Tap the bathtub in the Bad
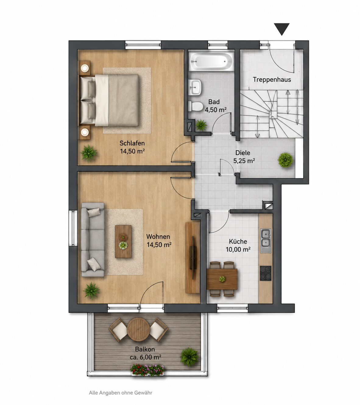coord(211,61)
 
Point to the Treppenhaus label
coord(272,79)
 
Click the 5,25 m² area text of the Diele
coord(244,161)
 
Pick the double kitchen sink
coord(266,241)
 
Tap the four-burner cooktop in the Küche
coord(266,273)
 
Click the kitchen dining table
coord(222,279)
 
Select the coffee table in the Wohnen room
coord(123,241)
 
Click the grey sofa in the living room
coord(93,240)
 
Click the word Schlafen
coord(132,143)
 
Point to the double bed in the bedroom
coord(109,100)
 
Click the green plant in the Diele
coord(285,160)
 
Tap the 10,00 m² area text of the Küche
coord(238,249)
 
